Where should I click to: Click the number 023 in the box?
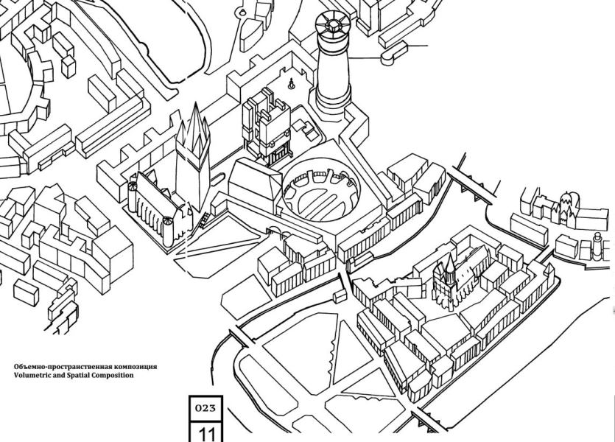(205, 408)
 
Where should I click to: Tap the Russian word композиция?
(136, 367)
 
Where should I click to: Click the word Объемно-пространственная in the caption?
(63, 367)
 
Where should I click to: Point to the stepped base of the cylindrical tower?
(333, 101)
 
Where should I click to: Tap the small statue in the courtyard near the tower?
(291, 84)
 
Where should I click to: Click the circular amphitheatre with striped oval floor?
(320, 192)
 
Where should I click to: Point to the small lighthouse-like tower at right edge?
(597, 246)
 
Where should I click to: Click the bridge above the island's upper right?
(472, 185)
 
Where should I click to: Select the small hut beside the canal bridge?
(340, 296)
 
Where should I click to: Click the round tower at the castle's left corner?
(133, 197)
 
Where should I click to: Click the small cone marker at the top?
(243, 13)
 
